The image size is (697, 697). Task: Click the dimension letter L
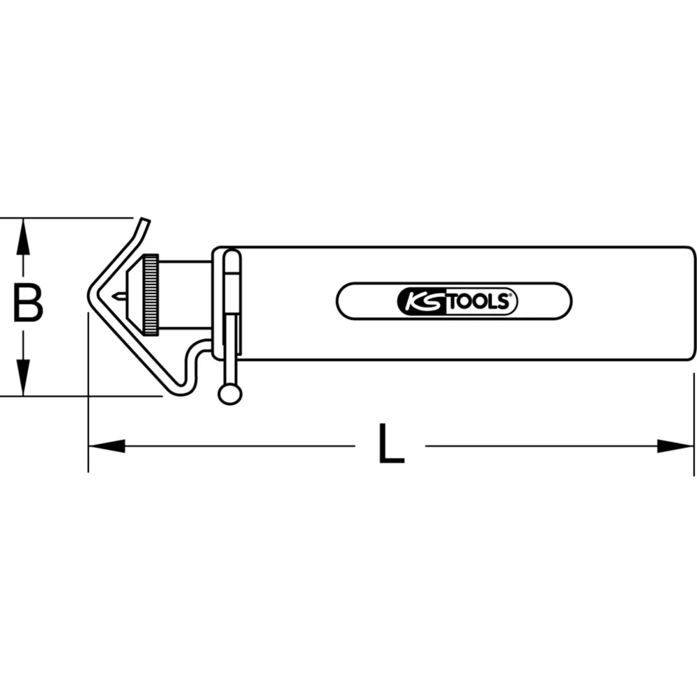391,444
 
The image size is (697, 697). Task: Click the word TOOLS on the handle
478,302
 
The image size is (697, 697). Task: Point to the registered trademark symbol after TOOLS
514,296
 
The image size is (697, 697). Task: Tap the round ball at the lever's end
229,395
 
